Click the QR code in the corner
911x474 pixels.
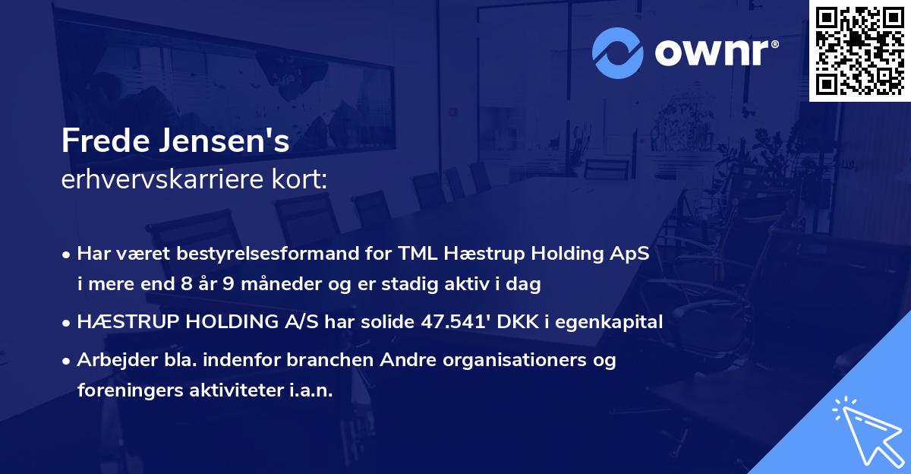tap(859, 50)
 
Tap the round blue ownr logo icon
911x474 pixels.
tap(617, 53)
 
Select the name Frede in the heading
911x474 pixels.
tap(106, 141)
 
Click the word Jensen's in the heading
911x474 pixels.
tap(225, 141)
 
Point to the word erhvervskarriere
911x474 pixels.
tap(162, 179)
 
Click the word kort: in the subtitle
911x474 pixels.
tap(299, 179)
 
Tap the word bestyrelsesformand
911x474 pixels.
tap(267, 254)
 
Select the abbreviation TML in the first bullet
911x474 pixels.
tap(418, 253)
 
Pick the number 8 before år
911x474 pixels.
tap(187, 283)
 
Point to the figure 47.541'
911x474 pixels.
tap(455, 321)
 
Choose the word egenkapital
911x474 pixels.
tap(609, 323)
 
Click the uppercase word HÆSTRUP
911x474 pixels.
tap(128, 321)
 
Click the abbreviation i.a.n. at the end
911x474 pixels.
tap(311, 390)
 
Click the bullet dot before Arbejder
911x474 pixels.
tap(66, 362)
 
